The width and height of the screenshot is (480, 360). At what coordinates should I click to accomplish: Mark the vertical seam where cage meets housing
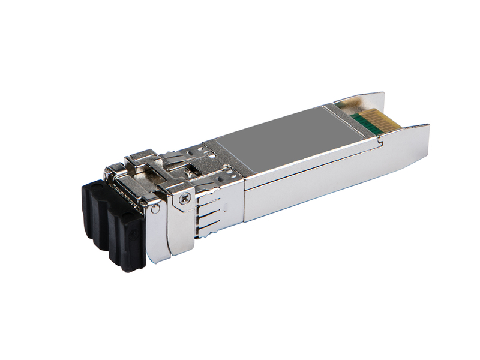tap(243, 192)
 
